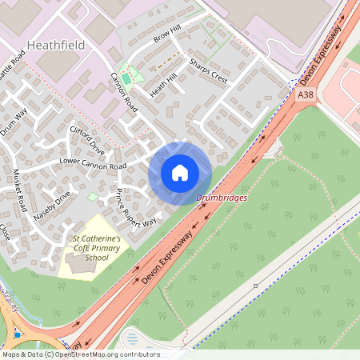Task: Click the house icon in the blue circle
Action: point(180,173)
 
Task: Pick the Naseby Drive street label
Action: point(53,205)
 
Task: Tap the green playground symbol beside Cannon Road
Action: point(125,78)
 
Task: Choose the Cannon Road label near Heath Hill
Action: point(124,95)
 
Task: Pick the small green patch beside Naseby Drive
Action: point(93,196)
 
